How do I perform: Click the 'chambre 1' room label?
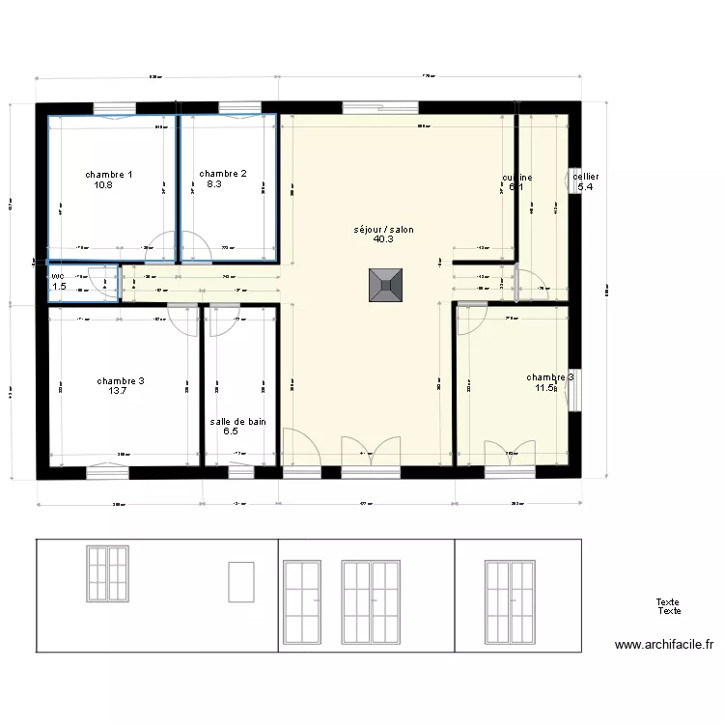click(x=109, y=174)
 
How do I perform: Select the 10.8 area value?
click(x=103, y=184)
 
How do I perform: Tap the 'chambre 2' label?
click(x=223, y=174)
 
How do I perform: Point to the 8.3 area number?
click(x=214, y=184)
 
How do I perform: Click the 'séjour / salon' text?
click(x=383, y=229)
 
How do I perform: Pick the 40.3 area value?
click(x=383, y=239)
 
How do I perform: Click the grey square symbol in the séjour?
click(x=384, y=286)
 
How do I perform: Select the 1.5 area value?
click(x=59, y=287)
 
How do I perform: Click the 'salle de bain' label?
click(x=237, y=421)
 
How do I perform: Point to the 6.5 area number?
click(x=231, y=432)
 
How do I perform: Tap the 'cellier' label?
click(x=586, y=177)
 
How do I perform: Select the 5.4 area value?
click(x=585, y=187)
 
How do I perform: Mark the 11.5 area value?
click(x=546, y=388)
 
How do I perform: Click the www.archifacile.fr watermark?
click(x=666, y=645)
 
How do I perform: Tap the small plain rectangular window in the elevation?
click(x=239, y=582)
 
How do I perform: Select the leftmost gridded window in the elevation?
click(x=107, y=574)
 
